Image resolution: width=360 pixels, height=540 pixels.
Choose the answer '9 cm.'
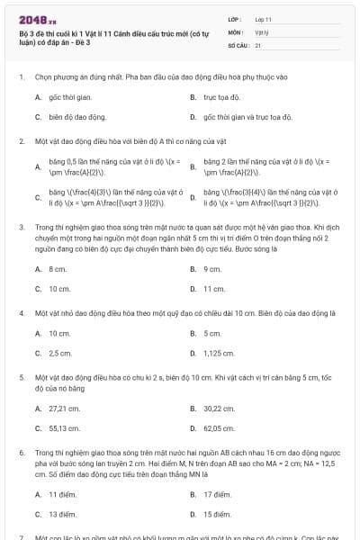coord(212,269)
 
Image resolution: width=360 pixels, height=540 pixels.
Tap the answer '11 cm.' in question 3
coord(214,289)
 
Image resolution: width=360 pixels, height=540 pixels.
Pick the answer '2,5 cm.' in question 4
coord(60,353)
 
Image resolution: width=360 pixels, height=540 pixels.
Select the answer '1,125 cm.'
coord(218,353)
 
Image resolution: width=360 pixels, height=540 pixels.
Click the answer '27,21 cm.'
coord(62,409)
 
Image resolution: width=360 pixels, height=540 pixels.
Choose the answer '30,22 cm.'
coord(218,409)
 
